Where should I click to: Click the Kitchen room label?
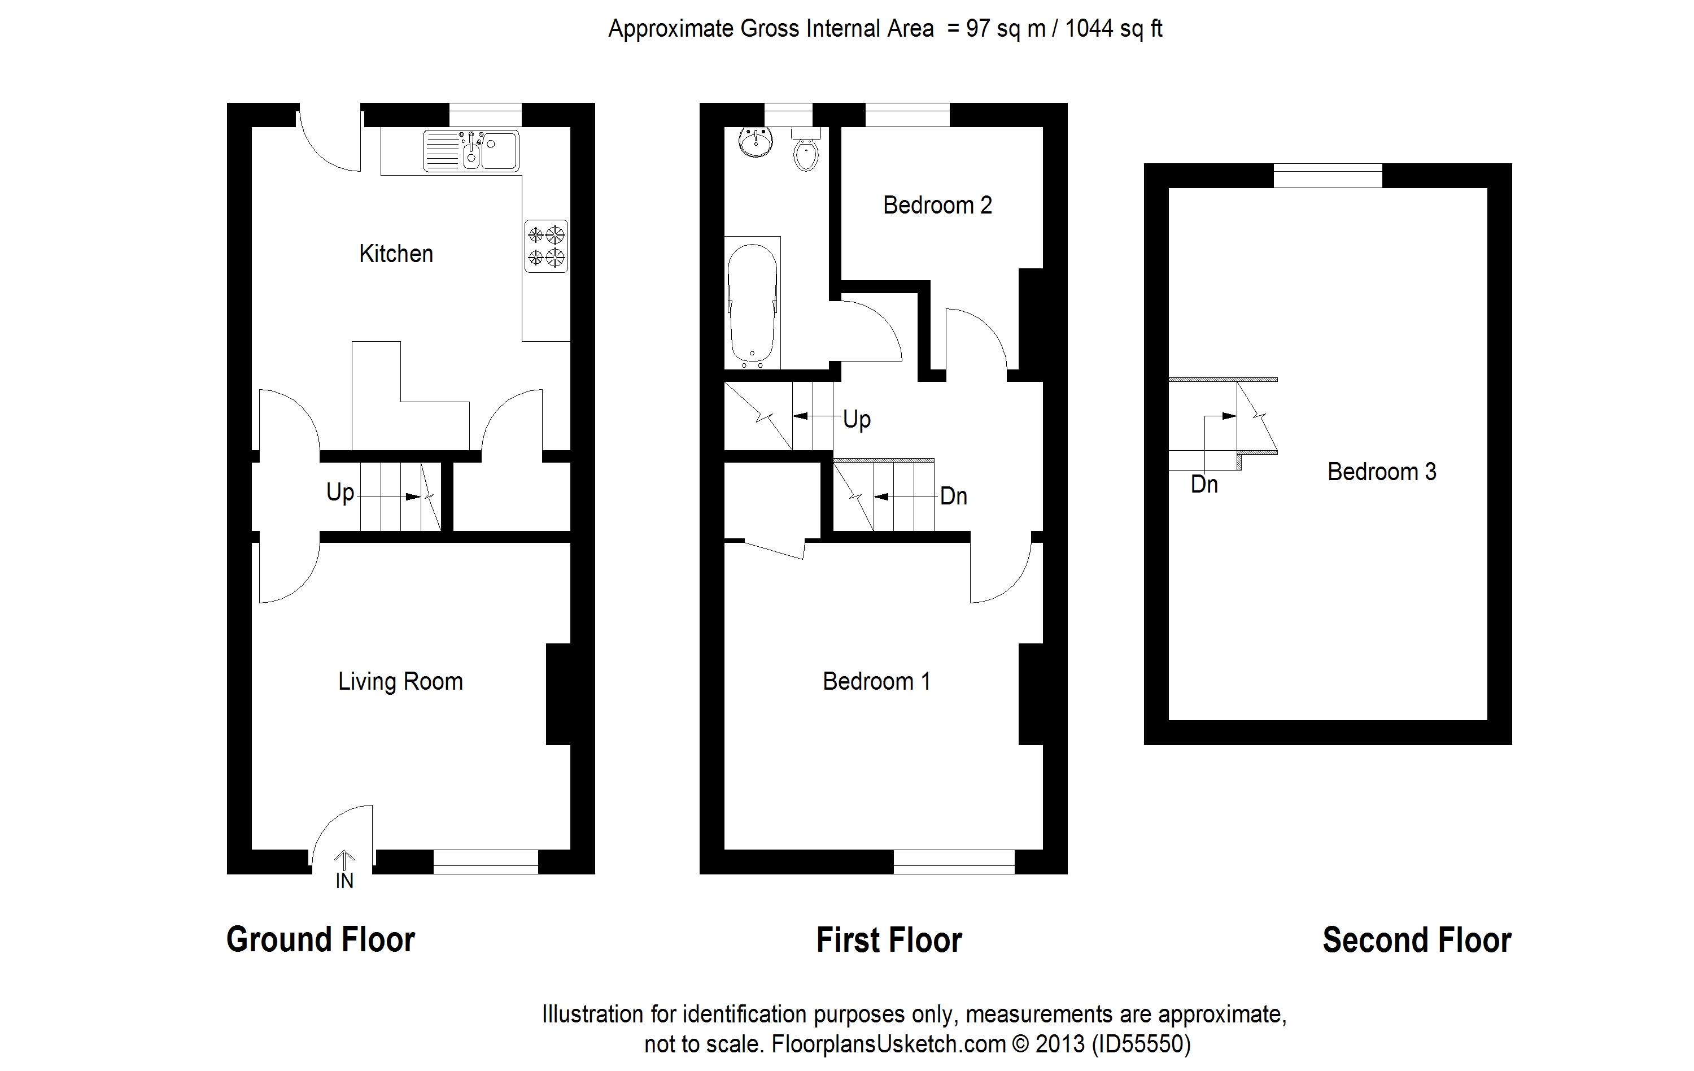click(396, 254)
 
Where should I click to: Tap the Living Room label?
click(400, 681)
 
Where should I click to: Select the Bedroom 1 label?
click(876, 681)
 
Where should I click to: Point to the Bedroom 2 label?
click(937, 206)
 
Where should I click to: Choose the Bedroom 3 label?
click(1381, 472)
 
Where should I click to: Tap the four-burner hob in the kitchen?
click(546, 246)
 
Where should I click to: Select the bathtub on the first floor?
click(753, 303)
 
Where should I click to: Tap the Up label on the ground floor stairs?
click(340, 492)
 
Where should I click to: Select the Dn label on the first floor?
click(953, 496)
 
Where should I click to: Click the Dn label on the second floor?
click(1204, 484)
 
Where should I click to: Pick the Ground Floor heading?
click(320, 940)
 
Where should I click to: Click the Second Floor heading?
click(1416, 940)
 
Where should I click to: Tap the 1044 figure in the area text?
click(1089, 29)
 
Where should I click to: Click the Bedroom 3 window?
click(1328, 175)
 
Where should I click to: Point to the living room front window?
click(486, 861)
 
